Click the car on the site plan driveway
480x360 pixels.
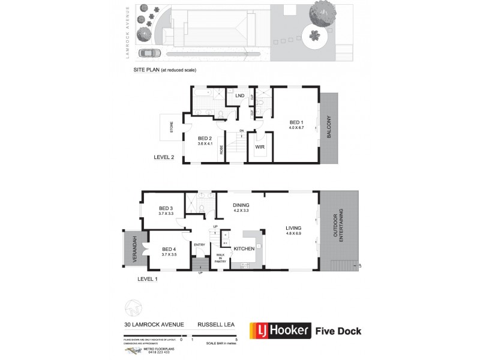pyautogui.click(x=145, y=53)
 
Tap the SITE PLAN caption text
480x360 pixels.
pyautogui.click(x=165, y=70)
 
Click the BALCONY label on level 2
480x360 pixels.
pyautogui.click(x=329, y=127)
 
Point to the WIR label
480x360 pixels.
pyautogui.click(x=260, y=146)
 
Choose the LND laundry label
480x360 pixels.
pyautogui.click(x=239, y=95)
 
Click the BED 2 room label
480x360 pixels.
pyautogui.click(x=206, y=138)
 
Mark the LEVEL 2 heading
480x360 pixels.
pyautogui.click(x=164, y=158)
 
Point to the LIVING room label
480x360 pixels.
pyautogui.click(x=293, y=228)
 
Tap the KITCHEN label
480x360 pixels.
pyautogui.click(x=244, y=248)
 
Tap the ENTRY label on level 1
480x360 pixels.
pyautogui.click(x=199, y=244)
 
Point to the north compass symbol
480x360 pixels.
pyautogui.click(x=133, y=307)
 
